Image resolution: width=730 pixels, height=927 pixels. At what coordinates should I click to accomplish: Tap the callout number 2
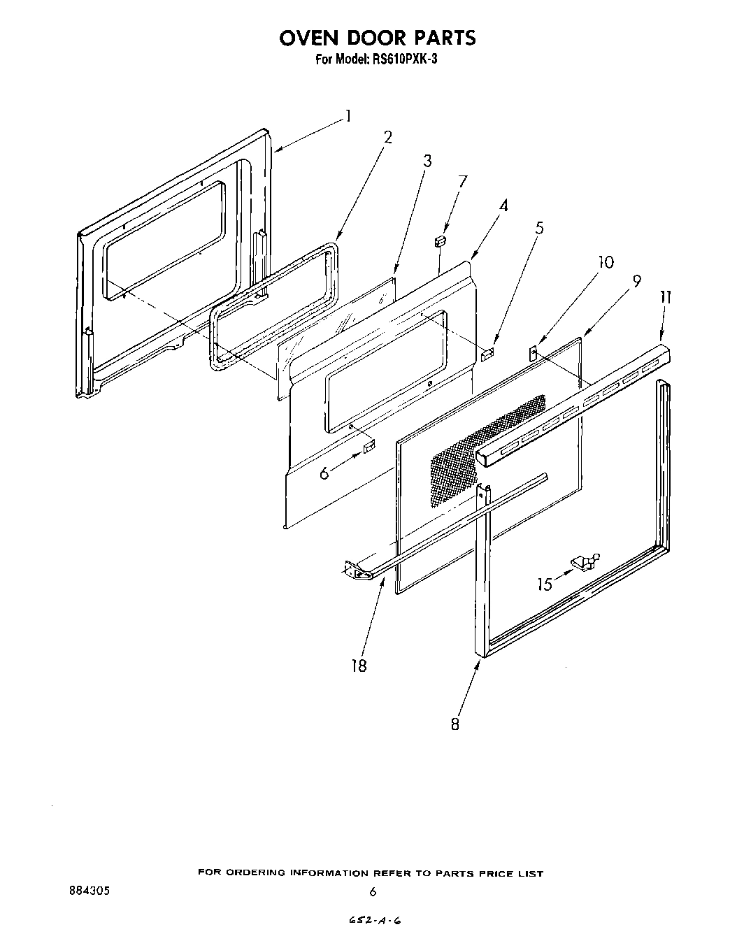tap(387, 137)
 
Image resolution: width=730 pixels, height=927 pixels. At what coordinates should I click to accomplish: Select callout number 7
tap(462, 182)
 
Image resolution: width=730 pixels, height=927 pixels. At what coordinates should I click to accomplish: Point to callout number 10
tap(606, 261)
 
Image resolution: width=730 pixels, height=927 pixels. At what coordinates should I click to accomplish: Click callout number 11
tap(664, 297)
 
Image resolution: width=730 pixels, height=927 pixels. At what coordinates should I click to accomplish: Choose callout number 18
tap(359, 665)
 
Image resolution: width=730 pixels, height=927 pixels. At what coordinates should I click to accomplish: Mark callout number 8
tap(455, 724)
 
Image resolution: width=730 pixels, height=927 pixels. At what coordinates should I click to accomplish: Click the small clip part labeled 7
tap(440, 241)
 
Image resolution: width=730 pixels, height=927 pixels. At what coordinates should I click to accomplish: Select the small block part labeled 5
tap(487, 354)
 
